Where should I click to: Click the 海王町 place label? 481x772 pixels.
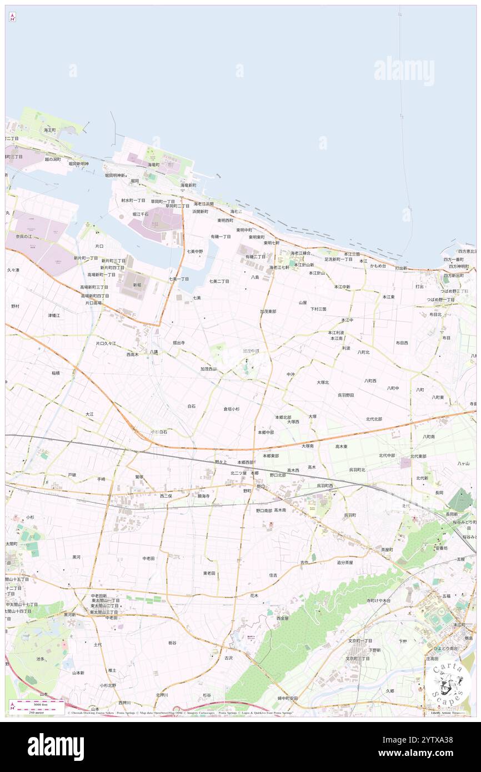(50, 129)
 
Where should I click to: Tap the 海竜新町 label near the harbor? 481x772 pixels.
(188, 185)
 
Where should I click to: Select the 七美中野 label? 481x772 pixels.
(194, 251)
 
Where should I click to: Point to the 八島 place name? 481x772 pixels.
(255, 277)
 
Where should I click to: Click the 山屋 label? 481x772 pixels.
(303, 303)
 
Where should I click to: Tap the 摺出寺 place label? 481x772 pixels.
(179, 343)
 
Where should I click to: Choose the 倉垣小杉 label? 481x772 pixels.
(232, 409)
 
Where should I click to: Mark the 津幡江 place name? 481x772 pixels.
(54, 315)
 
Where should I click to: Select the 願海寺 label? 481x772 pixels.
(203, 495)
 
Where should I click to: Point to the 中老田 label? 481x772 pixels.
(148, 558)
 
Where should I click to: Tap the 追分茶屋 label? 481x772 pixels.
(348, 562)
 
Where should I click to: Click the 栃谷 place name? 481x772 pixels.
(172, 643)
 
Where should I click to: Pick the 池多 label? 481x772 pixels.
(41, 659)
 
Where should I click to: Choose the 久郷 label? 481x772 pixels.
(390, 691)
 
